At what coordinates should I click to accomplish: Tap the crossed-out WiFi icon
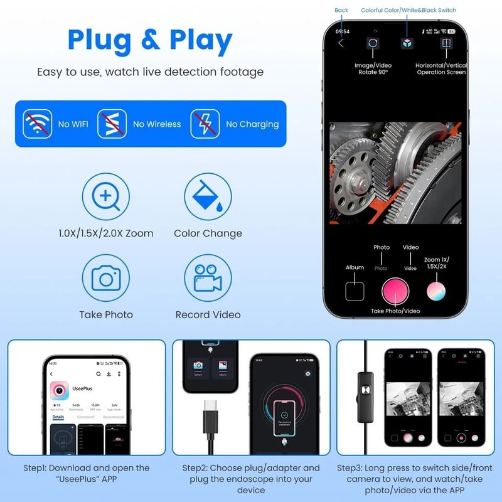(x=38, y=124)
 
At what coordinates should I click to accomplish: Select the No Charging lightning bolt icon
(x=205, y=124)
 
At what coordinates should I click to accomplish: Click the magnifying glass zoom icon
(x=105, y=197)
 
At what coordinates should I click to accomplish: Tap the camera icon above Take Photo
(x=105, y=279)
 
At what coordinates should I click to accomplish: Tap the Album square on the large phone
(x=355, y=291)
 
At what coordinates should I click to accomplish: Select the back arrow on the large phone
(x=341, y=43)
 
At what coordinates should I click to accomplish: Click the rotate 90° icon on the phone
(x=373, y=43)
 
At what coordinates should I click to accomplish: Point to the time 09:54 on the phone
(x=343, y=31)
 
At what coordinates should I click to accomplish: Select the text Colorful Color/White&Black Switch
(x=409, y=10)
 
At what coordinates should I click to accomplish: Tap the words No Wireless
(x=157, y=124)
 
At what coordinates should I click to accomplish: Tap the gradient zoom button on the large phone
(x=436, y=291)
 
